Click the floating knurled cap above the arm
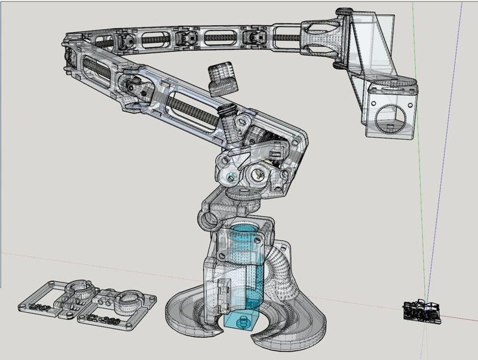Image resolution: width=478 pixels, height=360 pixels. coord(220,79)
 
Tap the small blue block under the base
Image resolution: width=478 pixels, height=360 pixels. coord(243,321)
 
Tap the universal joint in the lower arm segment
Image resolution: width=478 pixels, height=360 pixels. coord(136,89)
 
